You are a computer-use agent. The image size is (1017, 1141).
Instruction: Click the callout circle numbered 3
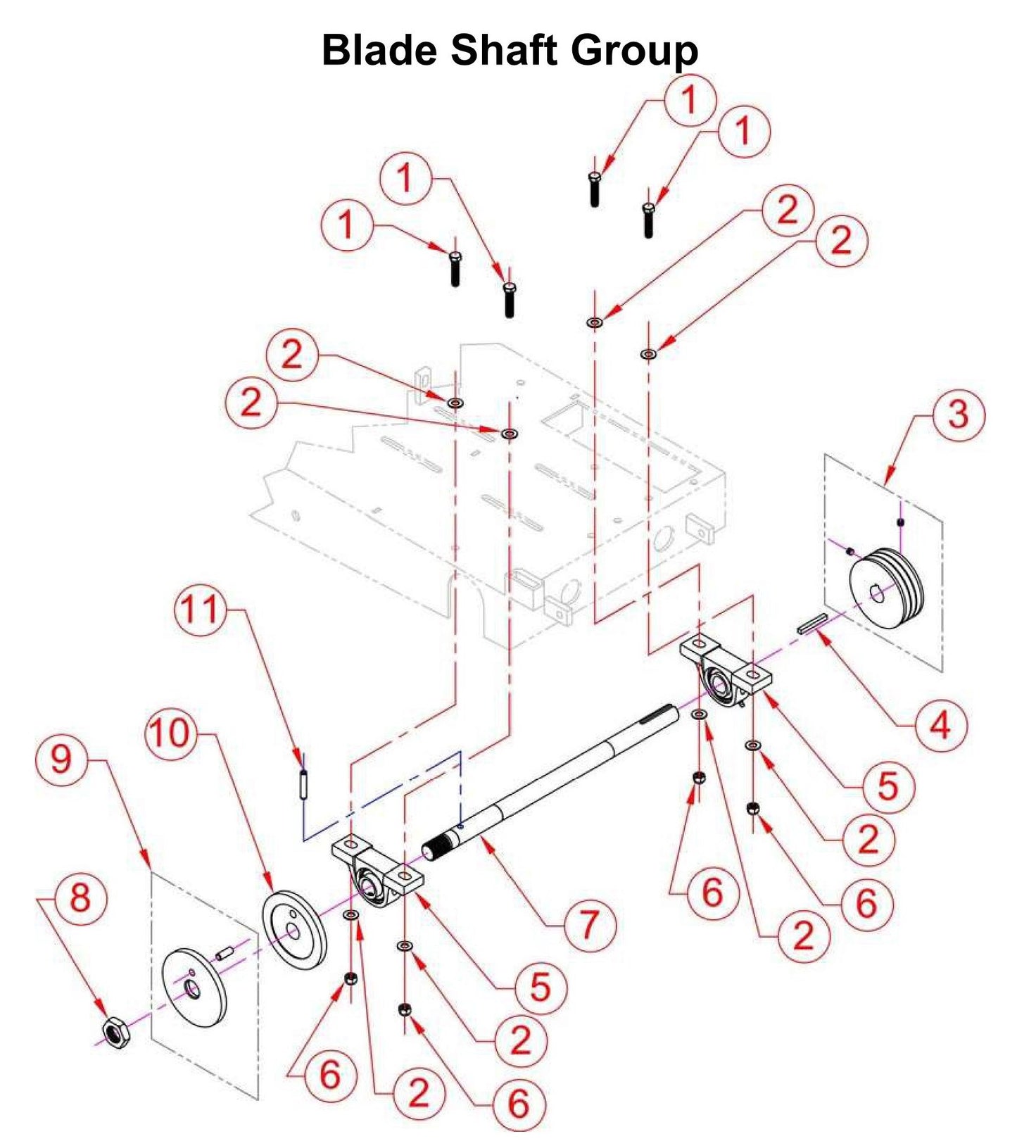958,415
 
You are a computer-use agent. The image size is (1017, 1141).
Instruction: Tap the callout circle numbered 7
589,925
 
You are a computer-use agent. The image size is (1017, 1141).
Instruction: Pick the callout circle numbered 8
80,899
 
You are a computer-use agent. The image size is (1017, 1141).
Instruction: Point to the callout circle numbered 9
61,759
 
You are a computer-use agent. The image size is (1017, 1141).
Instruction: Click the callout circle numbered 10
170,733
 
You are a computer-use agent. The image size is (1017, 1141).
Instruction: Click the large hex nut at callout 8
114,1032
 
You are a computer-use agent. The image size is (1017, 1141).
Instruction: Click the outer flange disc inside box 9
194,988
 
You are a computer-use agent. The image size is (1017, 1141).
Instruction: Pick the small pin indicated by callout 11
303,783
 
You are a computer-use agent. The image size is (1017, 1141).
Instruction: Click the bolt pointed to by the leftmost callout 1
455,268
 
